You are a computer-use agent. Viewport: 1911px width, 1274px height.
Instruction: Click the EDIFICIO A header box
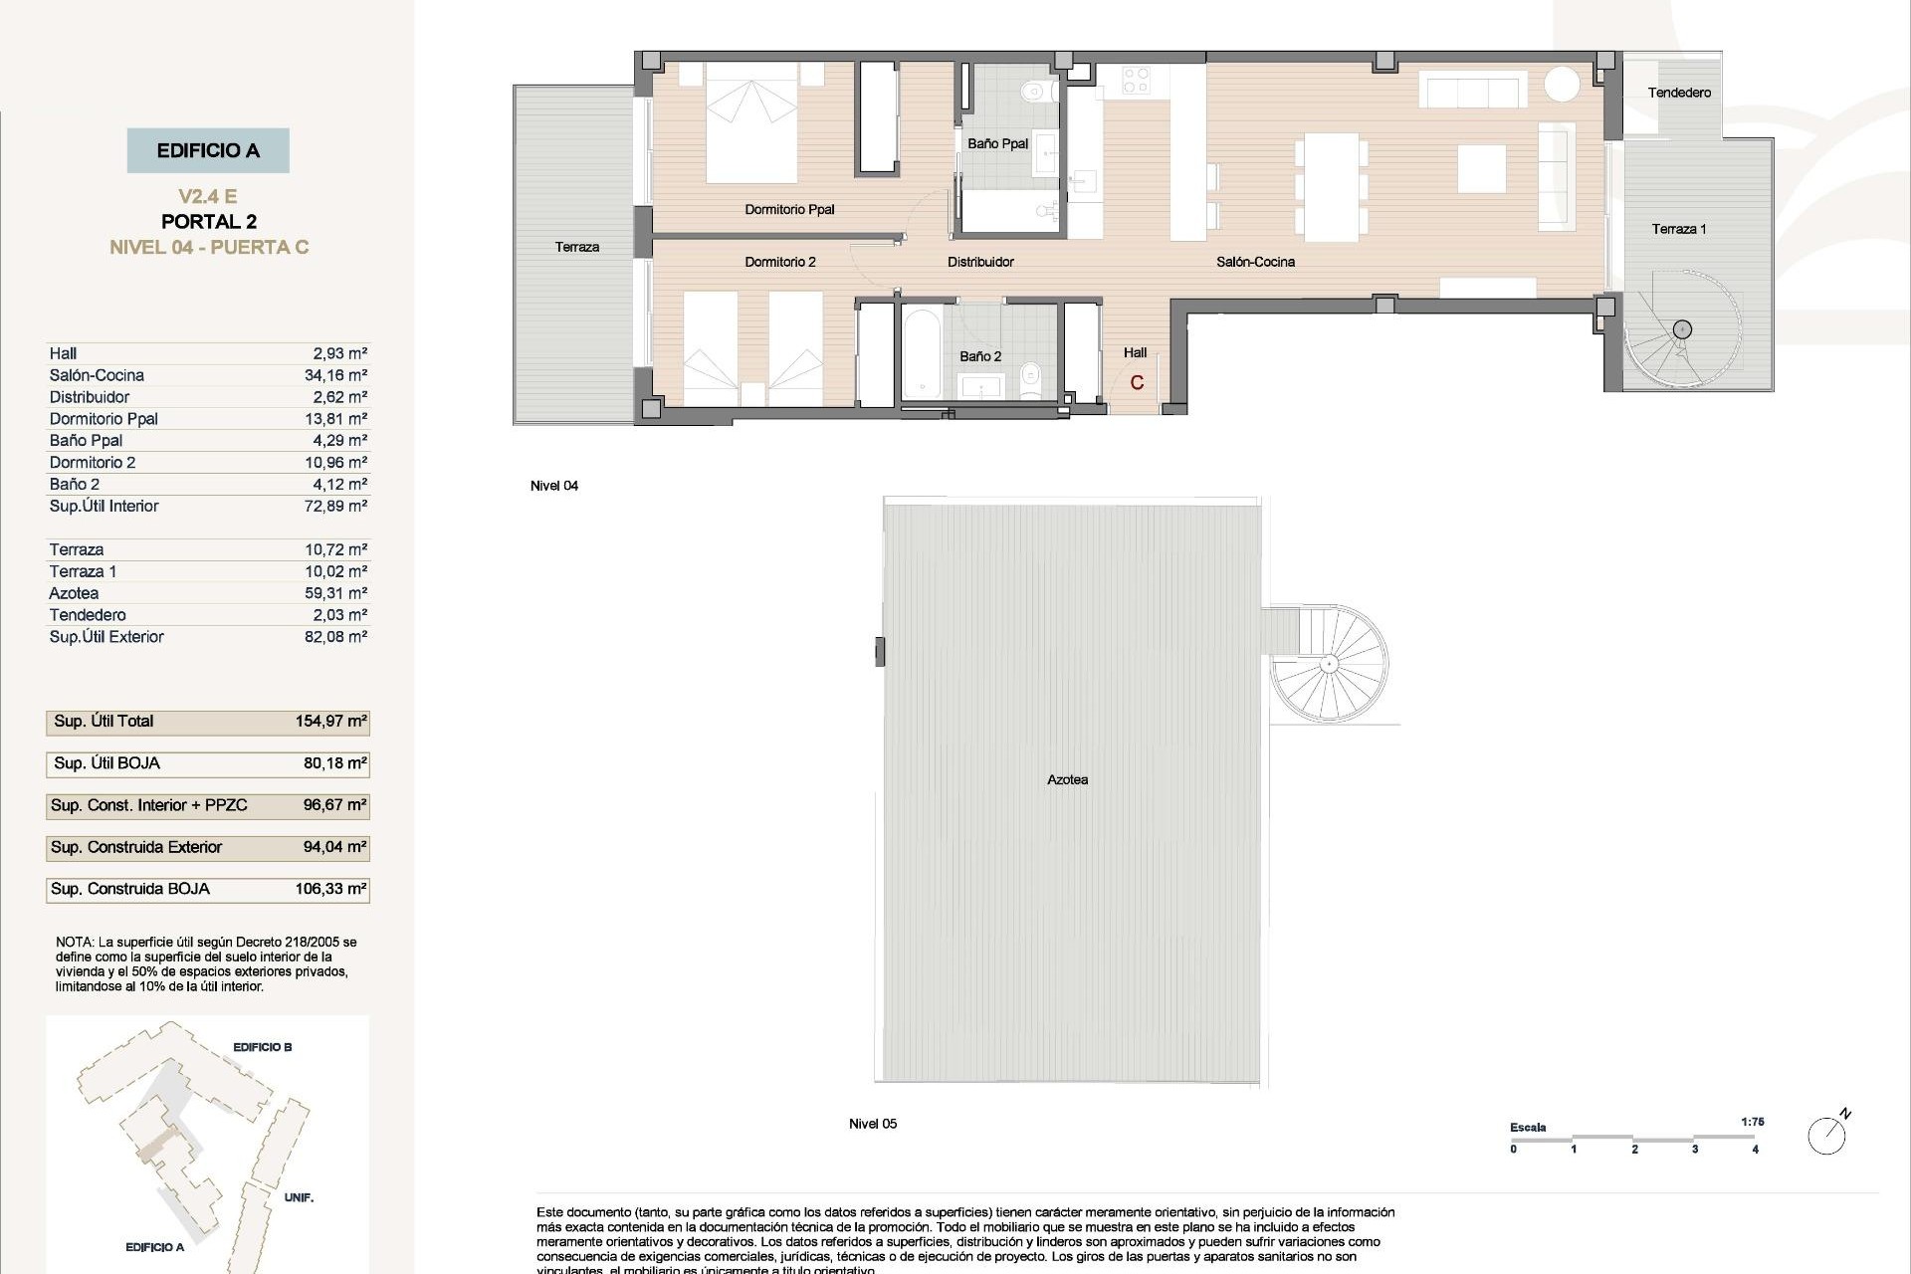pyautogui.click(x=208, y=150)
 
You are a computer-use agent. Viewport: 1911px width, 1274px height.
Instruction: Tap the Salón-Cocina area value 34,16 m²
pyautogui.click(x=335, y=375)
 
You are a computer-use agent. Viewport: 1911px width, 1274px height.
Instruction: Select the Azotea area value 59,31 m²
pyautogui.click(x=335, y=593)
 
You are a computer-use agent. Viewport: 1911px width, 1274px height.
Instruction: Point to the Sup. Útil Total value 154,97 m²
pyautogui.click(x=330, y=722)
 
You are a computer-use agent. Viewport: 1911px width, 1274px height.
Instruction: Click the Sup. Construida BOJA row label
pyautogui.click(x=130, y=889)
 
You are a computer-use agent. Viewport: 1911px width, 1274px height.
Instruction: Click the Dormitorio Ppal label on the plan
pyautogui.click(x=789, y=210)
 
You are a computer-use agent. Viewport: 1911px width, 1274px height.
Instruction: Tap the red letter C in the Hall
pyautogui.click(x=1137, y=383)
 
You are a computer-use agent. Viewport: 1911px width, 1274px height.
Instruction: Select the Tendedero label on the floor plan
pyautogui.click(x=1679, y=93)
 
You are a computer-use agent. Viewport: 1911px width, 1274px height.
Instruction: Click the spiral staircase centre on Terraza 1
pyautogui.click(x=1682, y=329)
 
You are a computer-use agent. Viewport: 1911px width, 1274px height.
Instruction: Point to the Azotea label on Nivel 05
pyautogui.click(x=1067, y=780)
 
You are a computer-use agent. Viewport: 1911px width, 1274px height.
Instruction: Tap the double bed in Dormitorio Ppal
pyautogui.click(x=751, y=122)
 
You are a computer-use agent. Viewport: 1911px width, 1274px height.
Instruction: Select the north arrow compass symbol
pyautogui.click(x=1827, y=1135)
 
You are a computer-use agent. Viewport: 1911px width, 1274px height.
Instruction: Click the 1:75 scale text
pyautogui.click(x=1753, y=1122)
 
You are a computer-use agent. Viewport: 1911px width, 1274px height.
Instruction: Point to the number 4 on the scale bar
pyautogui.click(x=1755, y=1150)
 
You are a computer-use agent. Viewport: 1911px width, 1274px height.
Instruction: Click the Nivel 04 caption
pyautogui.click(x=554, y=486)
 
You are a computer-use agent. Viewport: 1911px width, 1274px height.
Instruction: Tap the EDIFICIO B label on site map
pyautogui.click(x=262, y=1047)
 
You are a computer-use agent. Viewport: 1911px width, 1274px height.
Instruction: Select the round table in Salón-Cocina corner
pyautogui.click(x=1562, y=83)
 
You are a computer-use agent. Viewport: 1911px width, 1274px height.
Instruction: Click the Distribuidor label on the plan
pyautogui.click(x=980, y=262)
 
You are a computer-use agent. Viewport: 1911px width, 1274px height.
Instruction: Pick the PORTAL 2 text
pyautogui.click(x=208, y=222)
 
